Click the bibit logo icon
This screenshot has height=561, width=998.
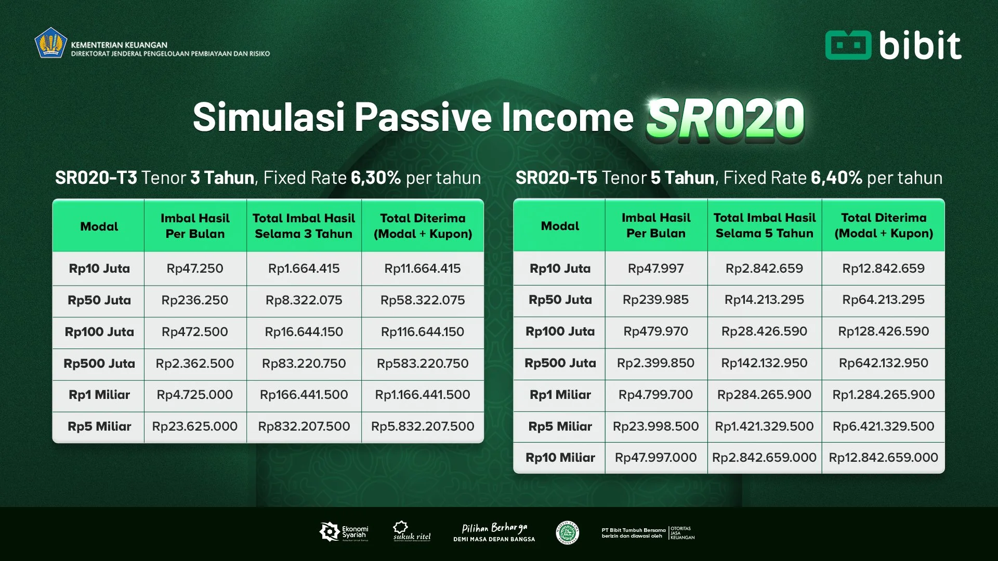point(848,45)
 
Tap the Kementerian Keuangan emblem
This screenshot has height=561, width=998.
point(50,43)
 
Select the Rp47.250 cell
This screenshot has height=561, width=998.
point(195,269)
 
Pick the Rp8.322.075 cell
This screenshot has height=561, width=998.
point(304,300)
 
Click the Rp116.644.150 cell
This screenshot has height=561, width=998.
point(423,332)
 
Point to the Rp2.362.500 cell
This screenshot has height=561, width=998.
point(195,364)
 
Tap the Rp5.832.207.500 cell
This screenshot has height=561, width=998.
point(423,426)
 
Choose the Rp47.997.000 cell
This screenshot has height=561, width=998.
point(655,458)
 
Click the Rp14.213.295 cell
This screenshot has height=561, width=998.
point(764,300)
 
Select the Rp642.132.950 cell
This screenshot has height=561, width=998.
point(883,363)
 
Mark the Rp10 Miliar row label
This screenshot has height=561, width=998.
point(560,458)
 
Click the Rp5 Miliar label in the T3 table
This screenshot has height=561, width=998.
point(99,426)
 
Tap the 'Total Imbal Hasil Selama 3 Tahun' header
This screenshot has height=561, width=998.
point(304,226)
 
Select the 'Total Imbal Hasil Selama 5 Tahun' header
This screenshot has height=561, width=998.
point(764,225)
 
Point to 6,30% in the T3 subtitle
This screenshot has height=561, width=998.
point(375,178)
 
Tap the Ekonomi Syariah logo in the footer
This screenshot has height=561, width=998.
point(344,532)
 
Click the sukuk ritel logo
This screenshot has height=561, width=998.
point(412,531)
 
